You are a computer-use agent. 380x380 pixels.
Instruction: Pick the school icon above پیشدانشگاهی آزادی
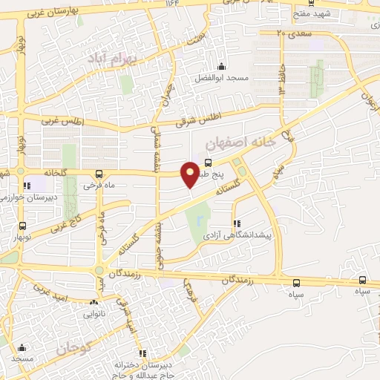pyautogui.click(x=236, y=223)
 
